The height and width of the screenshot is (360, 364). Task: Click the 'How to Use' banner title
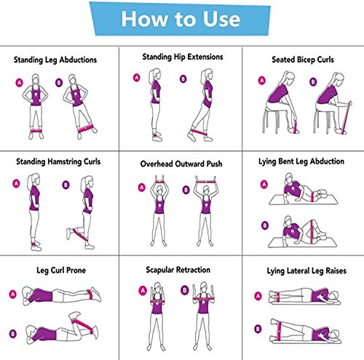pos(181,19)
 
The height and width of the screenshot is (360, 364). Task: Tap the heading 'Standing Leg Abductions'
pos(55,60)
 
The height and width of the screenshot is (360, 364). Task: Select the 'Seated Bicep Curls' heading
pos(303,60)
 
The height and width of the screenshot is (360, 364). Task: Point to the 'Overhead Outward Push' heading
pos(181,164)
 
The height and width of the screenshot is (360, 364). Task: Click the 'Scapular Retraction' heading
pos(178,270)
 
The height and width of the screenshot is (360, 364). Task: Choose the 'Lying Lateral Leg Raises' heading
pos(306,271)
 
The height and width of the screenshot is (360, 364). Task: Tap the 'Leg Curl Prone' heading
pos(61,271)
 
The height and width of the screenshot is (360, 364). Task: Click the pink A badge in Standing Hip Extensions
pos(137,78)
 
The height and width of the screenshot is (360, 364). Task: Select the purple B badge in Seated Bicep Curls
pos(313,81)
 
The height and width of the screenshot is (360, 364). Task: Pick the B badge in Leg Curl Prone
pos(13,334)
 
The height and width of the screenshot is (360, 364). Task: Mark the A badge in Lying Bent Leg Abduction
pos(264,185)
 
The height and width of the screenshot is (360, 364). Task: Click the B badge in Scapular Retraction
pos(185,290)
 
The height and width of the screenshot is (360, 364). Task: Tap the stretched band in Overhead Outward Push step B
pos(206,182)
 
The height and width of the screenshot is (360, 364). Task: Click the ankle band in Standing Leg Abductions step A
pos(36,131)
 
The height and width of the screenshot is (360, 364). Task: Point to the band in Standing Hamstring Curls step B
pos(80,234)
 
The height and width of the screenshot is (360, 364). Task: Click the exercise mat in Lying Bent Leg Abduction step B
pos(303,243)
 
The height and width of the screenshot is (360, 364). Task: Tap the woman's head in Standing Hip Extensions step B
pos(207,74)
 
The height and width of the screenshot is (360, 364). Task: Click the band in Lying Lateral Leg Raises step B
pos(279,331)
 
